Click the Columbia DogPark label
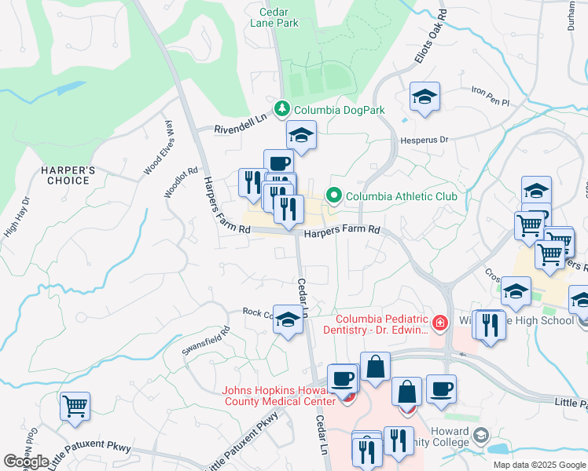pyautogui.click(x=338, y=110)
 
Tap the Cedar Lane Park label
pyautogui.click(x=280, y=16)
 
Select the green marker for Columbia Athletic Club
pyautogui.click(x=335, y=195)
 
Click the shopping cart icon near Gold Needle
pyautogui.click(x=75, y=407)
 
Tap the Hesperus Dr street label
pyautogui.click(x=424, y=139)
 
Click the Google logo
pyautogui.click(x=26, y=462)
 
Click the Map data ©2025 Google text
pyautogui.click(x=540, y=465)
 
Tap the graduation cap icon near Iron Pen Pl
pyautogui.click(x=424, y=97)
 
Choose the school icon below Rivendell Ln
pyautogui.click(x=301, y=136)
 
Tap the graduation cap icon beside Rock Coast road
pyautogui.click(x=288, y=319)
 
